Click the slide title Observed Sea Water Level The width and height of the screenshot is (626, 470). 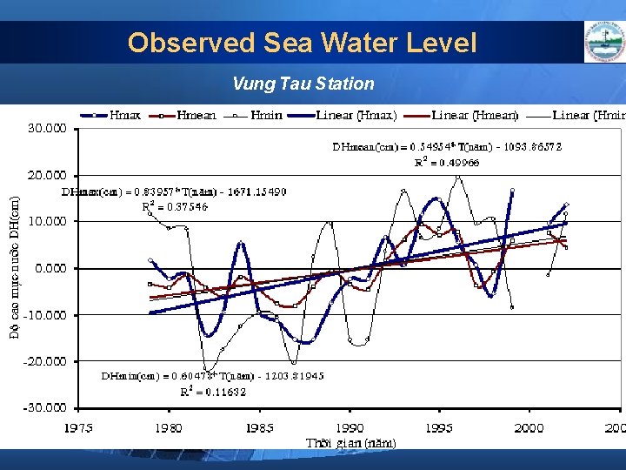(302, 43)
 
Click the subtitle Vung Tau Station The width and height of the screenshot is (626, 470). (303, 84)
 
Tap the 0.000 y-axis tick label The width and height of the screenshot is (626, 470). (50, 268)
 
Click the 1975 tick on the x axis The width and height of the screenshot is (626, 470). (79, 427)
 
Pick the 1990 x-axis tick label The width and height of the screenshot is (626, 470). (350, 427)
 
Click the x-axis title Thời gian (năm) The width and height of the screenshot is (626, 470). (350, 443)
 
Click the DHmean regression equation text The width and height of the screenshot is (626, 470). (447, 147)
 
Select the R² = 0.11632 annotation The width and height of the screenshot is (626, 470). (212, 392)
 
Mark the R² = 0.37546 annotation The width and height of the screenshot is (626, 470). (175, 206)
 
